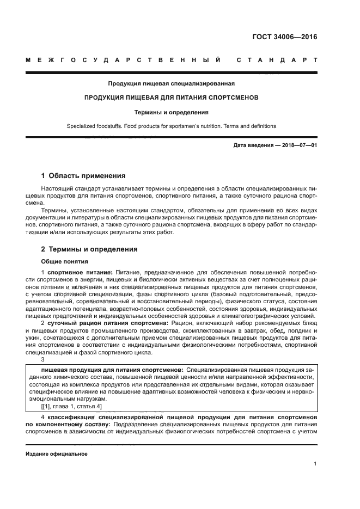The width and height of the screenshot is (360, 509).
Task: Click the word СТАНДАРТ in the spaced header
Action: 277,60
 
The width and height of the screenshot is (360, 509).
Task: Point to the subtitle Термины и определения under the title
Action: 171,113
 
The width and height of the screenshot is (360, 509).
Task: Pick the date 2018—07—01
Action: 299,145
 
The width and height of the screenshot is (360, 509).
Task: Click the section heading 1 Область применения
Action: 83,176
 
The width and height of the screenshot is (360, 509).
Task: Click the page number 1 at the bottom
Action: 315,464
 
